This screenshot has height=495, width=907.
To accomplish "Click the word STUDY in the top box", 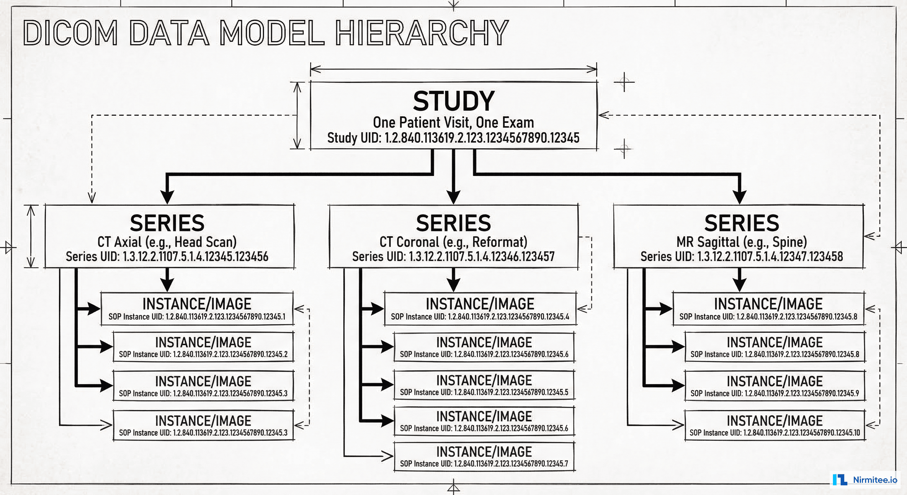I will (x=453, y=102).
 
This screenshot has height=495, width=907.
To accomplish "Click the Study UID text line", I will (x=453, y=138).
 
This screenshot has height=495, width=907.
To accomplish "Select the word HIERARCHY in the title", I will (x=422, y=33).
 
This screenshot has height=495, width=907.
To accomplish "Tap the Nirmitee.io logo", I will (x=865, y=480).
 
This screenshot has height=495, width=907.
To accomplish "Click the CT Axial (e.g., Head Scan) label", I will (x=167, y=242).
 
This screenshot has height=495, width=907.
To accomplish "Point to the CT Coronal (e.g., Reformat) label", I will (x=453, y=242).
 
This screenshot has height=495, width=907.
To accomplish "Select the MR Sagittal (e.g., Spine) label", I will (x=741, y=242).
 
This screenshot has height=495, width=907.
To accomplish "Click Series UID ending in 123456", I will (x=167, y=257).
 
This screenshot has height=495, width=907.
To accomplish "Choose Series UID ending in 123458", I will (x=741, y=257).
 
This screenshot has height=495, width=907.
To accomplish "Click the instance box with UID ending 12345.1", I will (x=197, y=308).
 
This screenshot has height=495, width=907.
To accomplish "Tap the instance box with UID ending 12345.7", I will (x=484, y=457).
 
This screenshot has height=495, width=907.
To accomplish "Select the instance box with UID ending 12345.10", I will (x=775, y=425).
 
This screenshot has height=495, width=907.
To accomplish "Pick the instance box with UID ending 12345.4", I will (x=480, y=308).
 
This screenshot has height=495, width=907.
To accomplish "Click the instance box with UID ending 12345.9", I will (x=775, y=386).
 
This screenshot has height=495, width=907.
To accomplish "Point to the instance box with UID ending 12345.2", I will (x=203, y=347).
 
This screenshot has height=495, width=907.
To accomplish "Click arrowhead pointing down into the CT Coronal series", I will (x=453, y=197).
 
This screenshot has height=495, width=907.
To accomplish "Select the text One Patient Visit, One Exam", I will (x=453, y=122).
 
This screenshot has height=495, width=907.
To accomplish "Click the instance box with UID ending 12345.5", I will (x=484, y=385).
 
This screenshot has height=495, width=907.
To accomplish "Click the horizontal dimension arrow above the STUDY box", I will (x=453, y=69).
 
